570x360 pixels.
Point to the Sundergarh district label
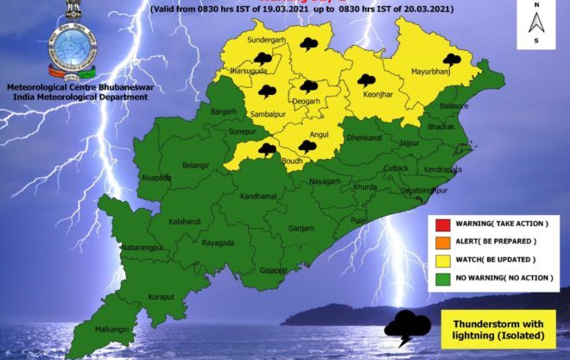[259, 41]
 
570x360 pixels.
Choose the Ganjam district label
[301, 229]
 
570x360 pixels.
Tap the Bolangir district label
[196, 164]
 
